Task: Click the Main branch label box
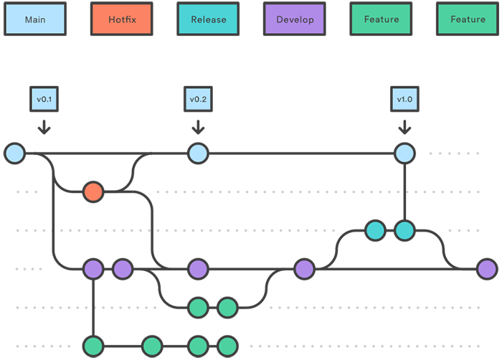coord(35,19)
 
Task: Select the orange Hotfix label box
coord(121,19)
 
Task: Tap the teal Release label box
coord(208,19)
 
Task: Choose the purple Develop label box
coord(295,19)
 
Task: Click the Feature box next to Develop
coord(381,19)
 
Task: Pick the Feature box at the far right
coord(468,19)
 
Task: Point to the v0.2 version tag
coord(199,98)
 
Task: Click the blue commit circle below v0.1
coord(14,153)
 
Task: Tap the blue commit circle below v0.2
coord(198,153)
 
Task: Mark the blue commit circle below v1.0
coord(405,153)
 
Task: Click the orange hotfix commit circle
coord(93,191)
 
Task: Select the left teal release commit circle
coord(375,231)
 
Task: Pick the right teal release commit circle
coord(405,231)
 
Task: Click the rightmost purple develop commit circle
coord(487,269)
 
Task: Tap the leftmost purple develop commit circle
coord(93,270)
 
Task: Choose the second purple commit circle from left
coord(123,270)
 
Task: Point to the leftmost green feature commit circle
coord(93,346)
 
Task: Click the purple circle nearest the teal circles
coord(304,269)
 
